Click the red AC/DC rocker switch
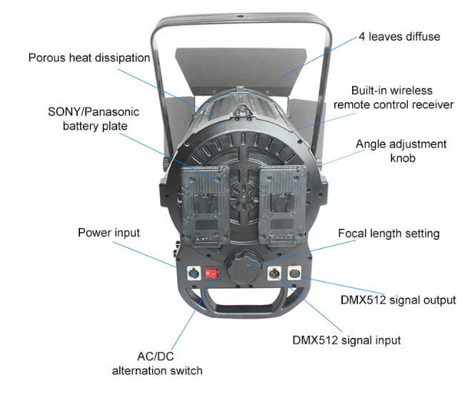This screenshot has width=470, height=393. [x=211, y=274]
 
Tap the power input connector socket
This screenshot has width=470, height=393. [x=194, y=273]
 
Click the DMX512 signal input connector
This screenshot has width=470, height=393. [x=274, y=273]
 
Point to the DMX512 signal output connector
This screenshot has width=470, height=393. [x=294, y=273]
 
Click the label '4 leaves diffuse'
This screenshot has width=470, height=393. [x=399, y=36]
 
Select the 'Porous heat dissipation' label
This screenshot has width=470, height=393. [x=89, y=58]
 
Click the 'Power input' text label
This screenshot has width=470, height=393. [x=109, y=233]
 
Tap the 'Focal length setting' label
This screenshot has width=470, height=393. [x=389, y=234]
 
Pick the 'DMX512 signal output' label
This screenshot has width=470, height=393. [x=399, y=300]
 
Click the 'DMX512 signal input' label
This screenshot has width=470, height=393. [x=346, y=340]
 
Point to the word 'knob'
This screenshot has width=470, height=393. [x=403, y=158]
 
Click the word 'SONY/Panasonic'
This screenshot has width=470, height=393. [x=94, y=111]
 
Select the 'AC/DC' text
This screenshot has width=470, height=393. [x=156, y=357]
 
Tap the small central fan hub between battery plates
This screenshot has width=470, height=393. [x=244, y=197]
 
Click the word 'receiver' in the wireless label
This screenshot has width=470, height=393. [x=433, y=104]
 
